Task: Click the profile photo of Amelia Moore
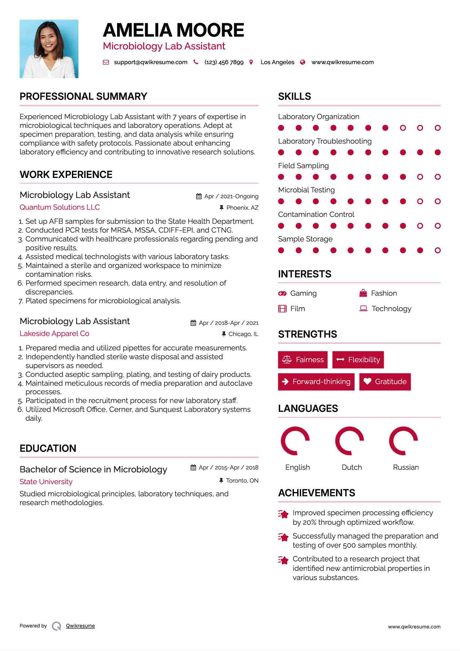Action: pyautogui.click(x=49, y=49)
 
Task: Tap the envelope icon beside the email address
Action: pyautogui.click(x=106, y=62)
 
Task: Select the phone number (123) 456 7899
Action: pyautogui.click(x=224, y=62)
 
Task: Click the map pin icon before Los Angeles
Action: pyautogui.click(x=251, y=62)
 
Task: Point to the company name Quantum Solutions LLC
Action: pyautogui.click(x=60, y=207)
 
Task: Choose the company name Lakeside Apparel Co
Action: pyautogui.click(x=54, y=333)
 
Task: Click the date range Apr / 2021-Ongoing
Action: pyautogui.click(x=231, y=196)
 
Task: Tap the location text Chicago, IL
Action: pyautogui.click(x=243, y=334)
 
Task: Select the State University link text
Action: pyautogui.click(x=46, y=482)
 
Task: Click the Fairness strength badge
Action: pyautogui.click(x=303, y=360)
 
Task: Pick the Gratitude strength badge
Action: pyautogui.click(x=385, y=381)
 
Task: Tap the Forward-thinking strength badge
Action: pyautogui.click(x=316, y=381)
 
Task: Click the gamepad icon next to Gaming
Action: pyautogui.click(x=282, y=293)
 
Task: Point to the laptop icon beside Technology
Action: pyautogui.click(x=363, y=308)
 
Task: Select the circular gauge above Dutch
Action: pyautogui.click(x=349, y=441)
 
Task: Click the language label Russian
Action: pyautogui.click(x=406, y=467)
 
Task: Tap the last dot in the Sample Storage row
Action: pyautogui.click(x=437, y=250)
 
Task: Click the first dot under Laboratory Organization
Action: pyautogui.click(x=281, y=128)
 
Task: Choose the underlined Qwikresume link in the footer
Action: pyautogui.click(x=80, y=626)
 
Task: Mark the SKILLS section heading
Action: pyautogui.click(x=295, y=97)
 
